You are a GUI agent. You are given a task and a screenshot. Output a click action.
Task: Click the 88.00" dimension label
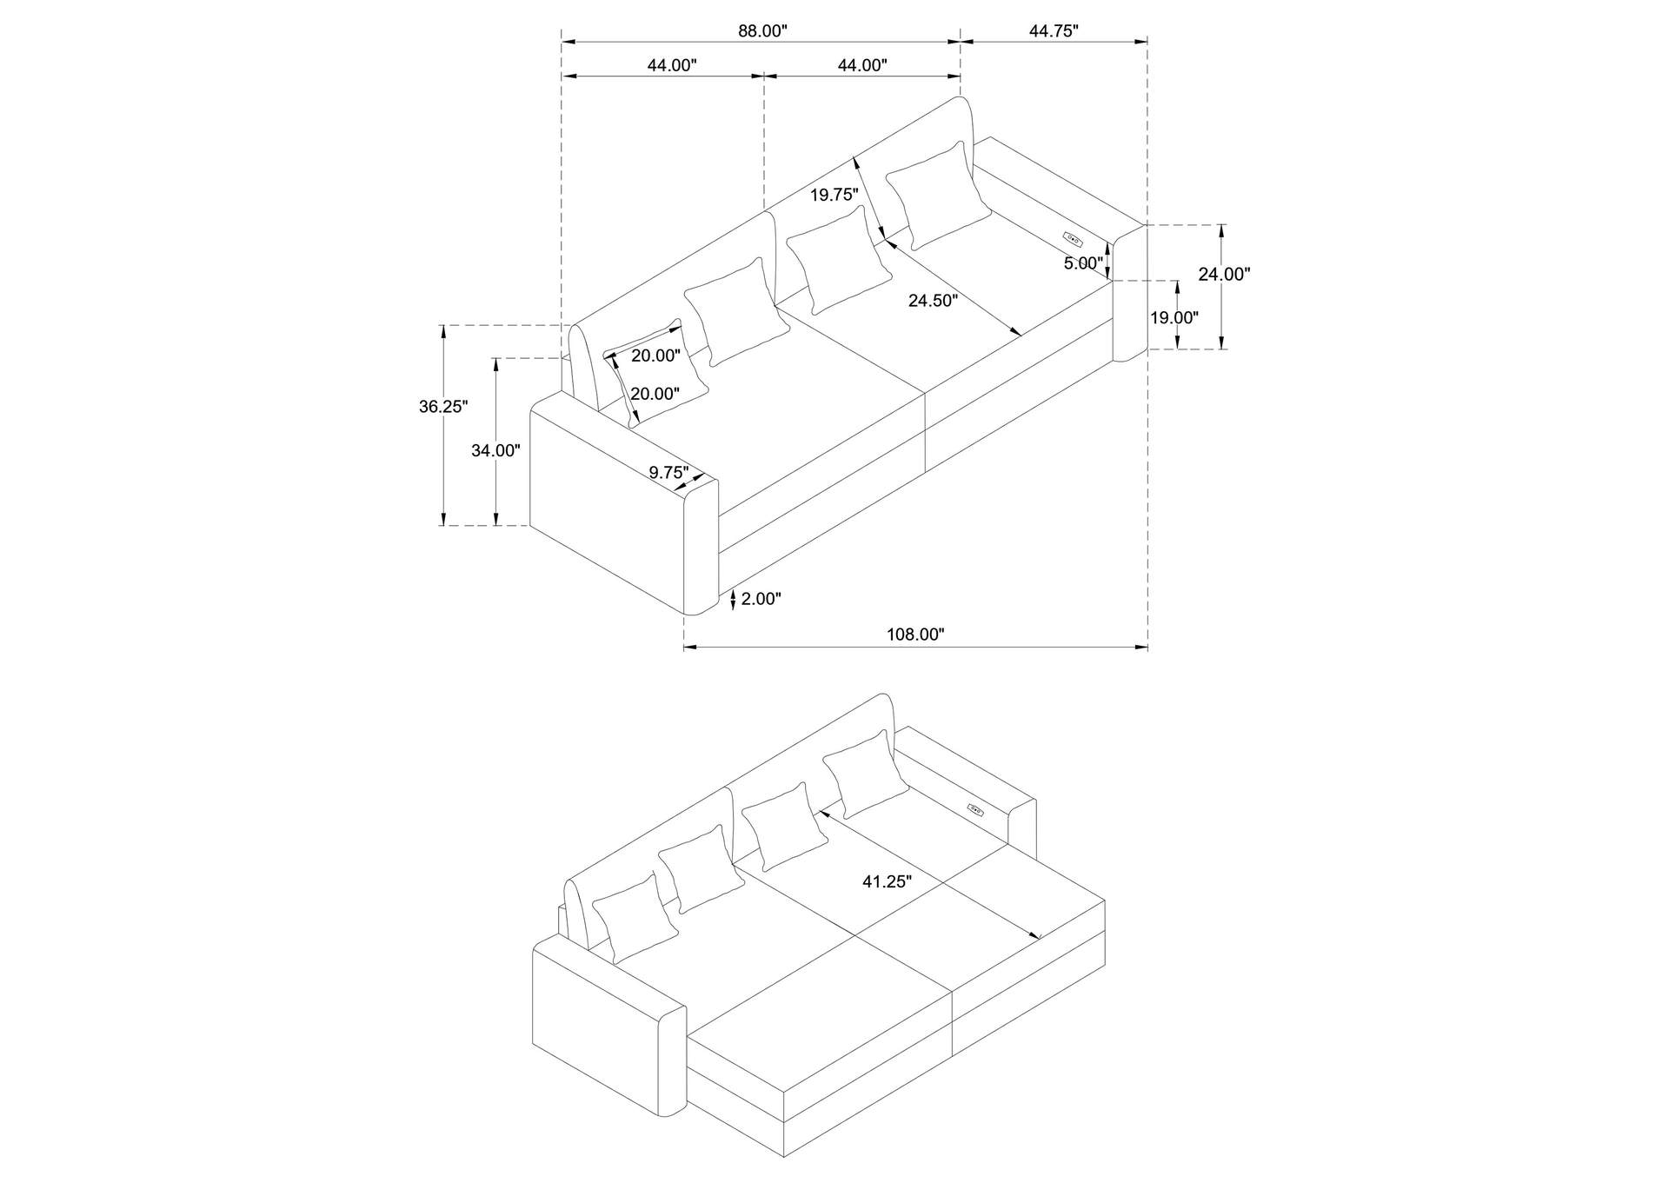coord(762,31)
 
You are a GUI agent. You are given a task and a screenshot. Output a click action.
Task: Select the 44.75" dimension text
coord(1054,31)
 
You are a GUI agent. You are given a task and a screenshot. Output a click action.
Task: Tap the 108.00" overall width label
coord(914,635)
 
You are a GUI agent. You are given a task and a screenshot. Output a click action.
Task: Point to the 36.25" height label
coord(443,406)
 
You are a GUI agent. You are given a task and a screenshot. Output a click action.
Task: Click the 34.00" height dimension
coord(495,450)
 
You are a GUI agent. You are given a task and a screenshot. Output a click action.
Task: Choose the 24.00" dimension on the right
coord(1224,274)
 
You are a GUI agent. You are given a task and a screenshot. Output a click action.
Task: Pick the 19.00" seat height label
coord(1174,317)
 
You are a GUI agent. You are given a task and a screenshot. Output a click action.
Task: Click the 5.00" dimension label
coord(1083,263)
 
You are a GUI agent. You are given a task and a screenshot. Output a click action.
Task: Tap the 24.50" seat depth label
coord(933,301)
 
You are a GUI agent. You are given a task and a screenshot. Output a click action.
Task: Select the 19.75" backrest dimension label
coord(834,195)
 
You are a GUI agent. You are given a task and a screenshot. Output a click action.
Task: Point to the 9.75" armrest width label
coord(668,472)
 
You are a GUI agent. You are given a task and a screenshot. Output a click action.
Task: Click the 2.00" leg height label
coord(761,598)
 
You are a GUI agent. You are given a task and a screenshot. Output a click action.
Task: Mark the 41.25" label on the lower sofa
coord(887,881)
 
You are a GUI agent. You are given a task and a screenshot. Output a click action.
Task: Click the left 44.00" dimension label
coord(671,65)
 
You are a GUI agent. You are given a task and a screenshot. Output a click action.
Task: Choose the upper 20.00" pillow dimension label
coord(655,355)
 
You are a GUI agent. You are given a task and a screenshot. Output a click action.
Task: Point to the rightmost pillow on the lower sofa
coord(866,773)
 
